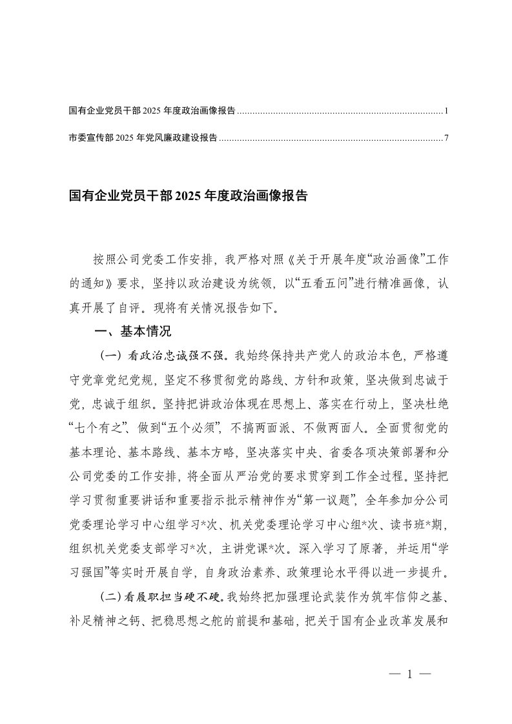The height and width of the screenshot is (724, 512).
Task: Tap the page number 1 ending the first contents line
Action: click(x=446, y=111)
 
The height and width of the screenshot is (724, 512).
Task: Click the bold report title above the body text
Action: click(x=188, y=195)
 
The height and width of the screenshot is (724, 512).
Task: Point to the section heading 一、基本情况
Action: click(x=133, y=332)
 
